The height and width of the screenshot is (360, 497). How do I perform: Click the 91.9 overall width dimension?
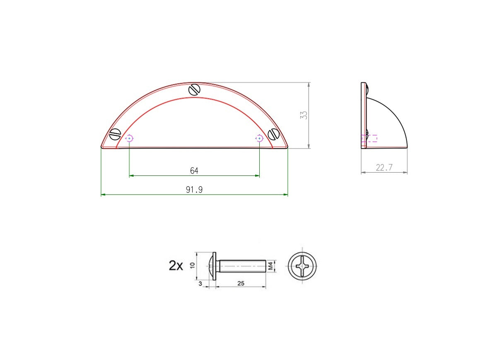pos(194,190)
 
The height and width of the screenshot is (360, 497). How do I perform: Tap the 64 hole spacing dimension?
pos(194,170)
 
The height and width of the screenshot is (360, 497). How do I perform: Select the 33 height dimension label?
pos(304,115)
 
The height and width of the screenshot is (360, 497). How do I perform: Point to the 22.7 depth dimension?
pos(384,168)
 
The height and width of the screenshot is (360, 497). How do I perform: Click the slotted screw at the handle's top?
pos(194,90)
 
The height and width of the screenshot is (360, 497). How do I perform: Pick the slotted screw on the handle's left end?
pos(115,134)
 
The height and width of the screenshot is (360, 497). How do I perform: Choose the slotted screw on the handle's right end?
pos(274,134)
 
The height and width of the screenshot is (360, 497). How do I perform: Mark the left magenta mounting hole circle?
pos(129,138)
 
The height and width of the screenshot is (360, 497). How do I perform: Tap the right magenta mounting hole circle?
pos(259,138)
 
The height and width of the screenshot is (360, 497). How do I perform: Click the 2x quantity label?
pos(176,266)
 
